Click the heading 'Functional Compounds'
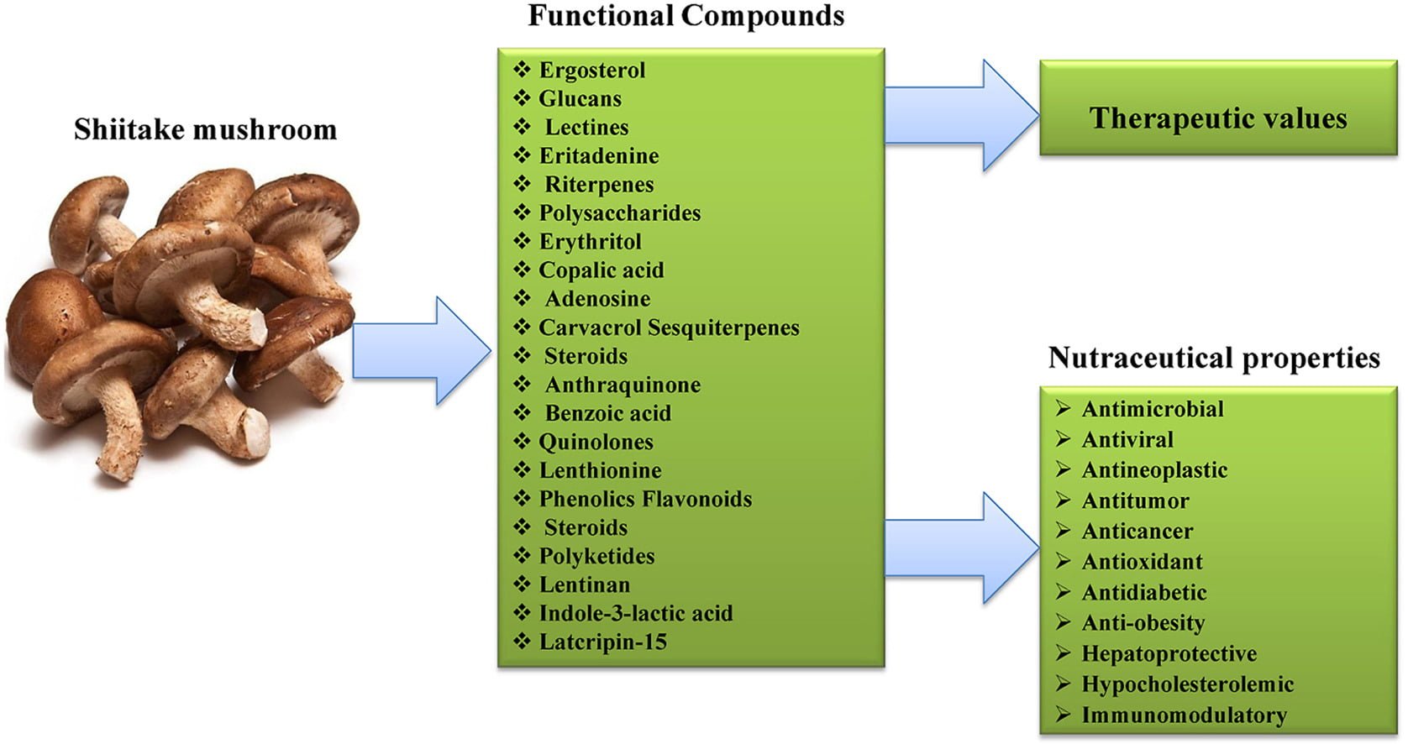coord(686,16)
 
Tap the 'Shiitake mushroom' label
coord(205,129)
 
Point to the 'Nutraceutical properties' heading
coord(1213,358)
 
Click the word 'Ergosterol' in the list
coord(592,70)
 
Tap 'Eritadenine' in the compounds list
coord(598,155)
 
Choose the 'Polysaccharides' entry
coord(619,212)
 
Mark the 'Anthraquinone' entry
coord(623,385)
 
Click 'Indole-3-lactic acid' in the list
coord(635,613)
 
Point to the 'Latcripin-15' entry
coord(602,642)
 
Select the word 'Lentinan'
coord(584,584)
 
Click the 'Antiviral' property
coord(1127,439)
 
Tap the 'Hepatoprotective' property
coord(1169,653)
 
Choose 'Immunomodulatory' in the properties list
coord(1184,715)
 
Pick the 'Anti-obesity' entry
coord(1143,622)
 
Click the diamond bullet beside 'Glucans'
coord(522,98)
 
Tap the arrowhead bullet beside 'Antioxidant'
coord(1064,561)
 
